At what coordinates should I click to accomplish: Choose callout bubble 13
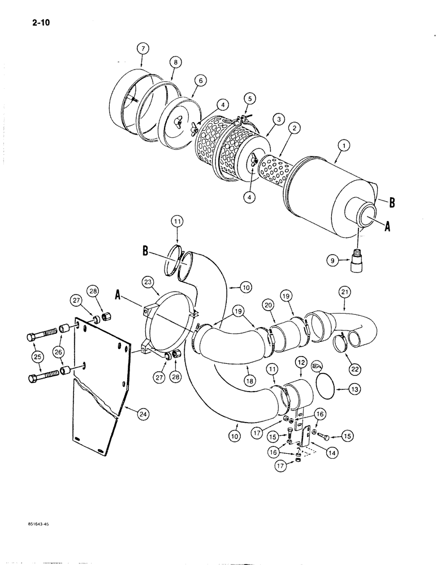coord(354,389)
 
